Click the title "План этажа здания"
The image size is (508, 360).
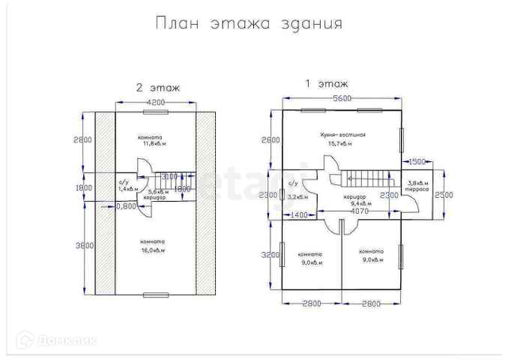[x=249, y=23]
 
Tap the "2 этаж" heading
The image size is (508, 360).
[x=158, y=88]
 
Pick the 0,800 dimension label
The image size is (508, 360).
[x=126, y=205]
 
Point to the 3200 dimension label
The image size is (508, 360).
[x=270, y=255]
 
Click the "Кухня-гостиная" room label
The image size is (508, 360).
[x=342, y=134]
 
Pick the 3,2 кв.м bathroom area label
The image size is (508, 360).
[x=298, y=196]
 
